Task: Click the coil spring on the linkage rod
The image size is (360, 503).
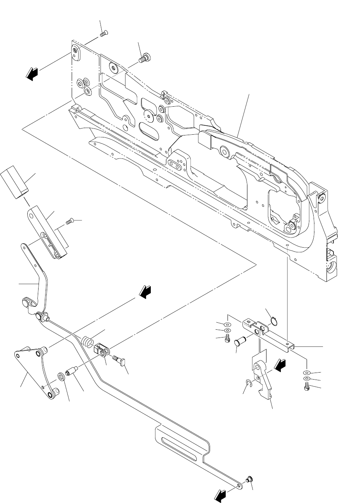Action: click(x=88, y=341)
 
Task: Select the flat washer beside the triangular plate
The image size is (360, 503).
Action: click(x=61, y=376)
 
